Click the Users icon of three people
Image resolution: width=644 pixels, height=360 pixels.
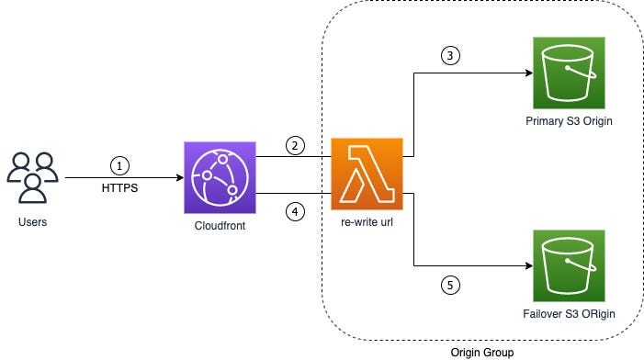[x=33, y=178]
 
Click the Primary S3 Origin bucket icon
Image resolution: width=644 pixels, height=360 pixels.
[x=567, y=73]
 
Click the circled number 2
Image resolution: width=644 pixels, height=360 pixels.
[x=294, y=144]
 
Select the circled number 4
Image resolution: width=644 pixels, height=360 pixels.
[x=294, y=211]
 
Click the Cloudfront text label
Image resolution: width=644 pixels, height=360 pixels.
[x=219, y=225]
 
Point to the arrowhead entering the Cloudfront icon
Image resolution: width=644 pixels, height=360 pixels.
[x=177, y=177]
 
